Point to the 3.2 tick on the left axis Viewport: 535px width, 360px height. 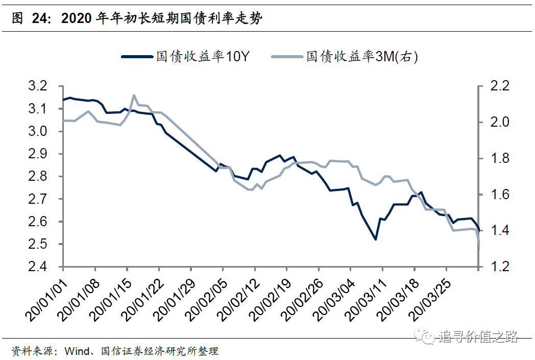43,86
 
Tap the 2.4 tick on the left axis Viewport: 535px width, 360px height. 43,267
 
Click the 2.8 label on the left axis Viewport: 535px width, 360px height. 43,177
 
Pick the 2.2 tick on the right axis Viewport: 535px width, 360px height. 498,86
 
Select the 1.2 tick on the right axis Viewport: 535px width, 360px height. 498,267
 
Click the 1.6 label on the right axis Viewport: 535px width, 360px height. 498,195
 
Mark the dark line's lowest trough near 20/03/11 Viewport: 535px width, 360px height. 375,239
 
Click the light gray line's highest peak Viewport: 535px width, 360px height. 134,95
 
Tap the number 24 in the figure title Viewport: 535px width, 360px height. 41,19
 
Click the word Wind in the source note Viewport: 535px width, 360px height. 75,351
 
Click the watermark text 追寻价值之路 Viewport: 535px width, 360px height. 478,337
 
